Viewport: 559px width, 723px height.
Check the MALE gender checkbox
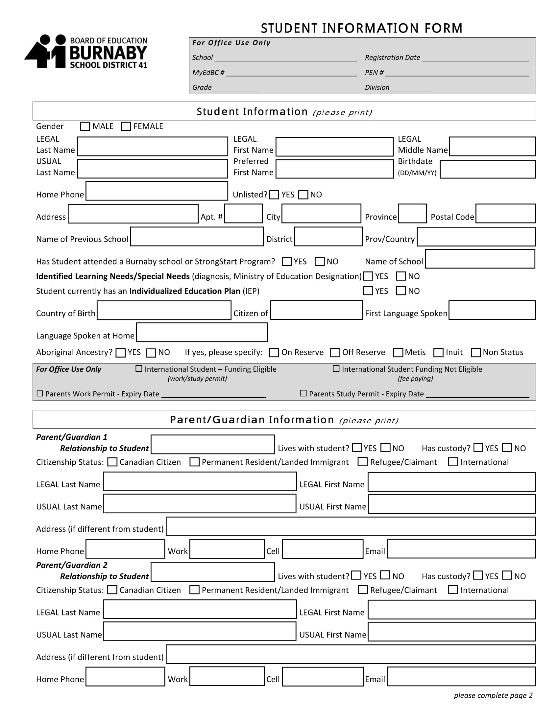coord(85,127)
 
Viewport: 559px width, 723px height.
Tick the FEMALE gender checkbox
coord(126,127)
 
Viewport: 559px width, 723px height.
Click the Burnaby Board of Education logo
coord(86,52)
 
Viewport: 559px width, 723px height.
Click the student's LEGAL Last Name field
coord(152,146)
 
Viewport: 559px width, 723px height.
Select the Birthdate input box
coord(487,169)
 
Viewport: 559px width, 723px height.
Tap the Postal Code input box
coord(505,214)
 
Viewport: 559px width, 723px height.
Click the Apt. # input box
coord(243,214)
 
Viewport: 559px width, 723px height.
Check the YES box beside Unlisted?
coord(274,195)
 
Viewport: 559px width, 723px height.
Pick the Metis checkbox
coord(398,353)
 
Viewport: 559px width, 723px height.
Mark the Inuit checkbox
coord(438,353)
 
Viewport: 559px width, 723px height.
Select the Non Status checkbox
coord(476,353)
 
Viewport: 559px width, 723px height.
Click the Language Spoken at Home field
coord(202,332)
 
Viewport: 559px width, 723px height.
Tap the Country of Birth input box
coord(164,310)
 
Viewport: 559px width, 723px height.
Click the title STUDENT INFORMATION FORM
coord(362,29)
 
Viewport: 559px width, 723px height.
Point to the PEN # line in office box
coord(457,73)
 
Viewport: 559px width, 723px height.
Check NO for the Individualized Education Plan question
coord(401,291)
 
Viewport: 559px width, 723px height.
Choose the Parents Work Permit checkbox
coord(40,394)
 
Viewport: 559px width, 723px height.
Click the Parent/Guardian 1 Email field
coord(461,548)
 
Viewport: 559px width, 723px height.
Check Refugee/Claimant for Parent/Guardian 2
coord(363,590)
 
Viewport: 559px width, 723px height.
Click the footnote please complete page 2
coord(493,695)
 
